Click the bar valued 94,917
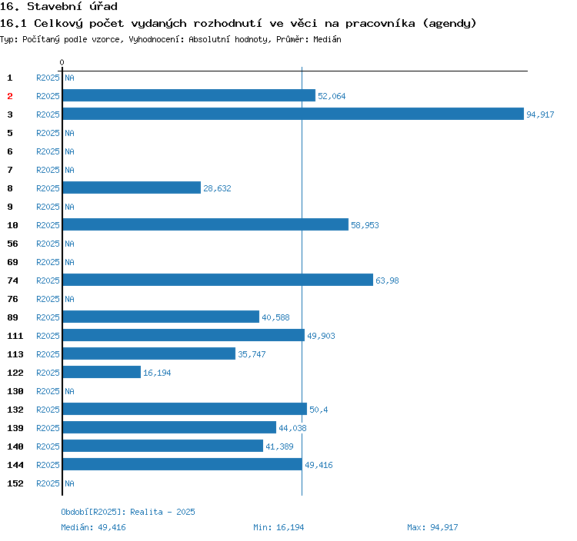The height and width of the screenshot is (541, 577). [293, 115]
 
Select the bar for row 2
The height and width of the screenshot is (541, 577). [189, 96]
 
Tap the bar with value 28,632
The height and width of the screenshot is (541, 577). [132, 188]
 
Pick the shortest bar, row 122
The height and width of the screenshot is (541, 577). [102, 373]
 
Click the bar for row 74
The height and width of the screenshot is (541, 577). [218, 280]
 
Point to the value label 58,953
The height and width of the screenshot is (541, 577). [365, 225]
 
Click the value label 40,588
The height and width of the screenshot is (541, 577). [275, 317]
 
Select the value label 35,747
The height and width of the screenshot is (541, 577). [252, 354]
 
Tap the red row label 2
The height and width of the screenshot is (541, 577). [10, 96]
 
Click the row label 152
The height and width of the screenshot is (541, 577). [15, 483]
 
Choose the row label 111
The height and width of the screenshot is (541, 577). [15, 336]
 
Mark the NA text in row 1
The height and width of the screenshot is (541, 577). [69, 78]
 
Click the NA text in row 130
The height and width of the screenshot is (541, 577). [69, 391]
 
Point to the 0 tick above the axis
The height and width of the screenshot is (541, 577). [62, 62]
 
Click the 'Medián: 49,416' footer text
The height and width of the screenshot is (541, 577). [93, 527]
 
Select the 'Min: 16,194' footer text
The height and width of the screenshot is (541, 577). [278, 527]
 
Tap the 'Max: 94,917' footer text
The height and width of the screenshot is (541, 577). [432, 527]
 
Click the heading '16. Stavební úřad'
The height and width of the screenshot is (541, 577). [58, 7]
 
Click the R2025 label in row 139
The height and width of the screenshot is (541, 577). [48, 428]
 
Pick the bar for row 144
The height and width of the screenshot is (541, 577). [182, 465]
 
